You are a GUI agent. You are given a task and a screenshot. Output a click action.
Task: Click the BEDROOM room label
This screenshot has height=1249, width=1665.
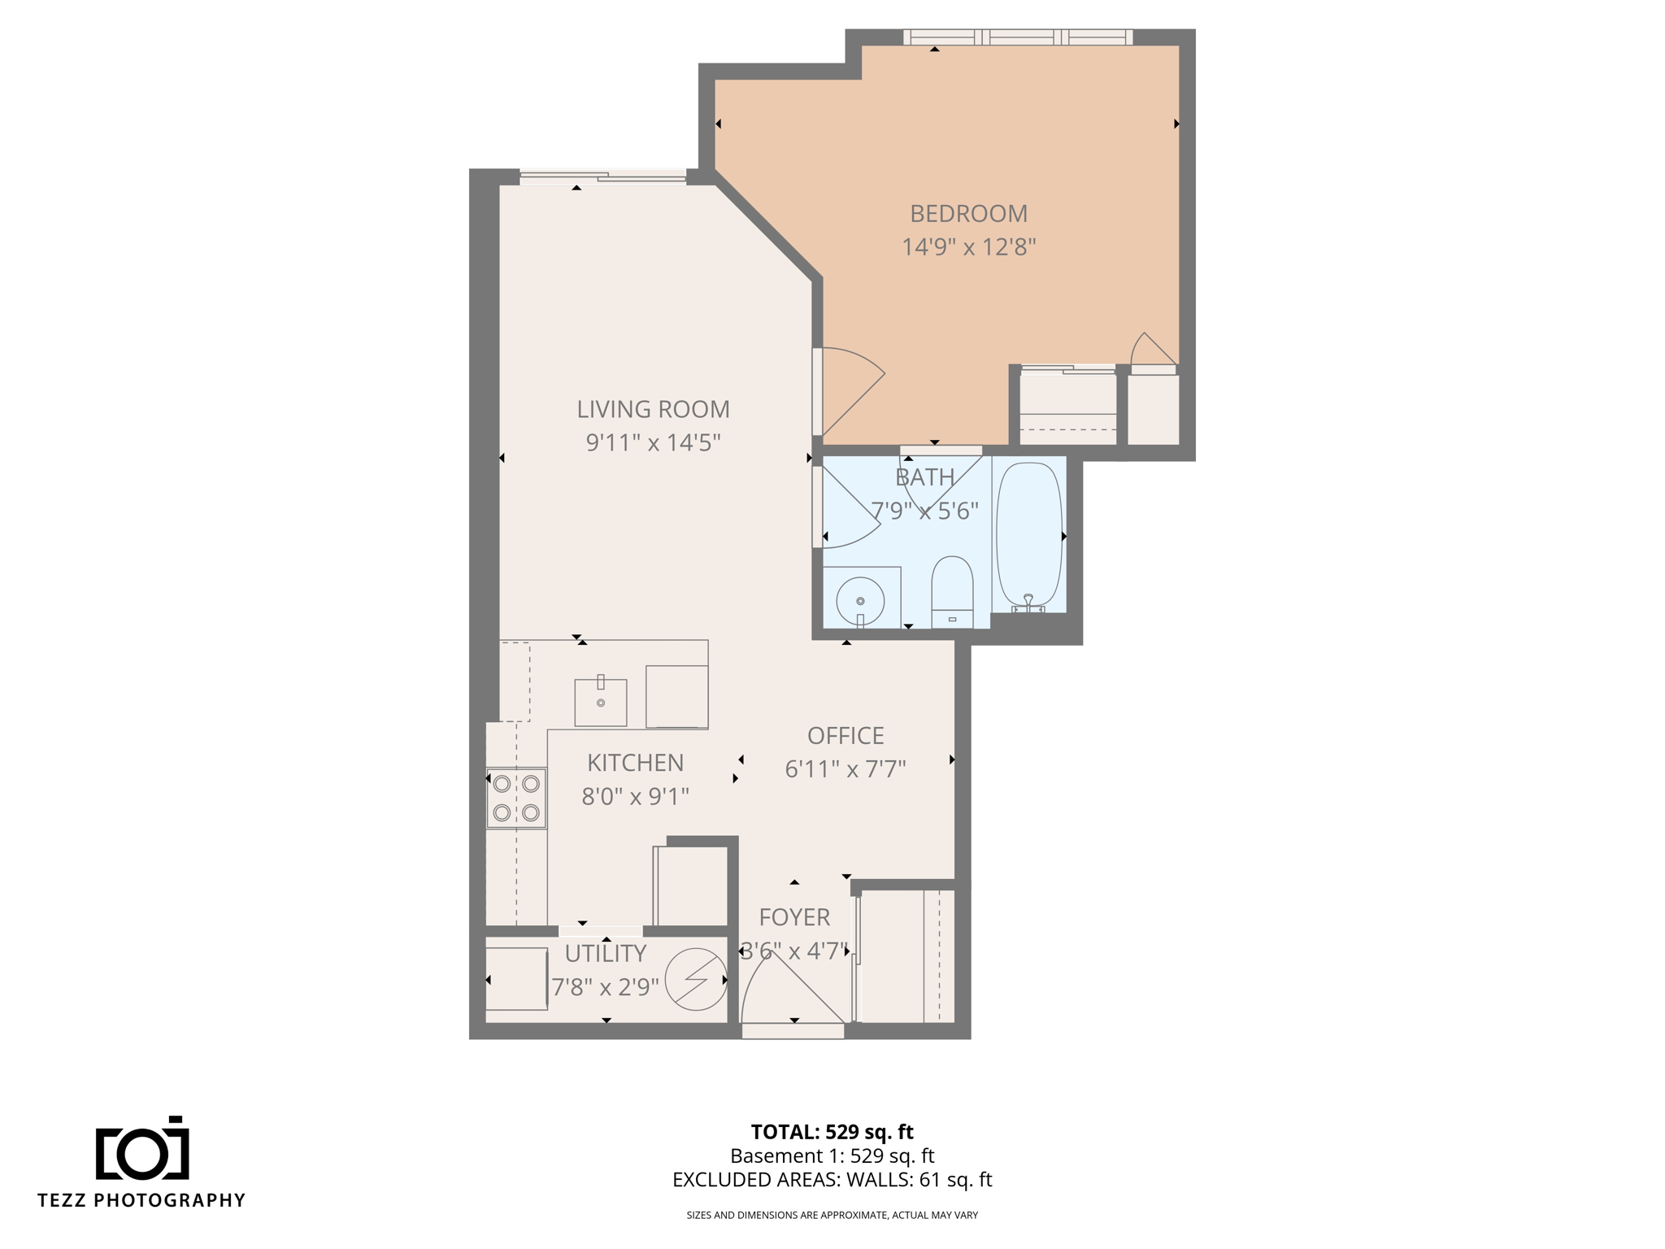pos(968,214)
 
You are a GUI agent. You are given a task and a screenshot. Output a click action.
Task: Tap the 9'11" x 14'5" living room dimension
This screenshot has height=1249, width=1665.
pos(653,442)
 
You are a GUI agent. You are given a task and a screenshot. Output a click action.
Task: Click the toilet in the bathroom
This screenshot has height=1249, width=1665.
pos(952,591)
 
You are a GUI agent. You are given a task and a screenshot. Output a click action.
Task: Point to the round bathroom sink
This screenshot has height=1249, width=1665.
pos(860,601)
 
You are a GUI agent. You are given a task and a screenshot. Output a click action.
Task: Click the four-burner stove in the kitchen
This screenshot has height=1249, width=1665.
pos(516,798)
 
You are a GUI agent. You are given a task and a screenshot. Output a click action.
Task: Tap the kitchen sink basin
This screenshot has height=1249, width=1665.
pos(601,703)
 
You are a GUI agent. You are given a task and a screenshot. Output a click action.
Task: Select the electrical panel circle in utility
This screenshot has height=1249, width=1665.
pos(696,979)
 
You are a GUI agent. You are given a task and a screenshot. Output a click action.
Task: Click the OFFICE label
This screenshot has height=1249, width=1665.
pos(846,736)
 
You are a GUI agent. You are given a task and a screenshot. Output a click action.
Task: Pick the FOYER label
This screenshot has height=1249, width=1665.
pos(794,917)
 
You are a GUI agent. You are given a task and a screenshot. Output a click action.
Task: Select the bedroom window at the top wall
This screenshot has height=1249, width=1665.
pos(1018,37)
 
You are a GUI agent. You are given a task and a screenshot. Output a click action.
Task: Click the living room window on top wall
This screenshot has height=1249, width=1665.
pos(602,177)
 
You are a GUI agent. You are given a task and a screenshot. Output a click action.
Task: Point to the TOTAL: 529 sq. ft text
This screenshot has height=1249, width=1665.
pos(832,1132)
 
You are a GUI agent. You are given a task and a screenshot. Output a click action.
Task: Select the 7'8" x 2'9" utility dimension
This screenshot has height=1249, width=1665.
pos(605,987)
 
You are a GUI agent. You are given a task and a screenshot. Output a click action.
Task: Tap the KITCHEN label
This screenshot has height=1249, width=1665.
pos(635,763)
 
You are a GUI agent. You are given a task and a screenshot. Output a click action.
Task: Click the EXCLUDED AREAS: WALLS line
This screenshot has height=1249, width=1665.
pos(832,1180)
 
